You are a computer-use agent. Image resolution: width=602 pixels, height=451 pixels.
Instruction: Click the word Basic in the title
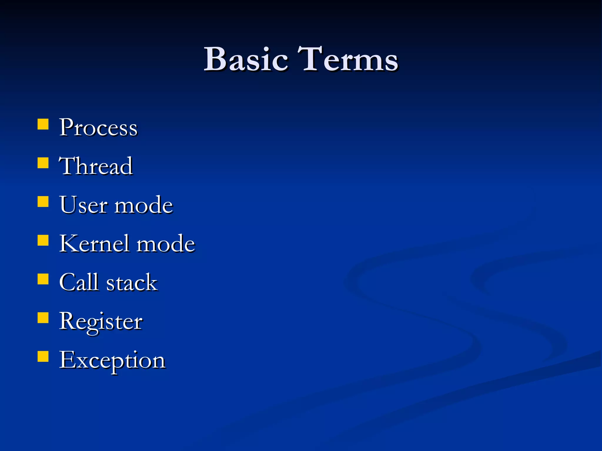[246, 59]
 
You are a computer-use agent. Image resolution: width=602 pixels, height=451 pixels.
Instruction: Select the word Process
[98, 128]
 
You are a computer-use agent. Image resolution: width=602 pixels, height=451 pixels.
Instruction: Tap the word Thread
[96, 166]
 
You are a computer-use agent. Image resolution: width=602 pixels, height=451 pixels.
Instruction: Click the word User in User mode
[83, 205]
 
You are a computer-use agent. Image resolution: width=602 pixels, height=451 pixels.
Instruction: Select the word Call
[78, 282]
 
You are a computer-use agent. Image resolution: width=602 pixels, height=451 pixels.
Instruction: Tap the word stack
[132, 283]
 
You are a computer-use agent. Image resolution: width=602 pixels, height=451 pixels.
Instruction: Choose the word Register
[101, 322]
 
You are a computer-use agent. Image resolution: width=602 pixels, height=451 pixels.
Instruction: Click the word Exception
[112, 361]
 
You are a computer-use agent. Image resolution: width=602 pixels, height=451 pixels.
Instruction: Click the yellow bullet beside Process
[43, 124]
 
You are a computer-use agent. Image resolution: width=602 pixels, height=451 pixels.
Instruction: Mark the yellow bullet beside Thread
[43, 163]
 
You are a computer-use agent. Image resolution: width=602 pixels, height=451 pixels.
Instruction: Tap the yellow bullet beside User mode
[43, 202]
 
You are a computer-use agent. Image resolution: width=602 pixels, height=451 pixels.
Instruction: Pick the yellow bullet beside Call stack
[43, 279]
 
